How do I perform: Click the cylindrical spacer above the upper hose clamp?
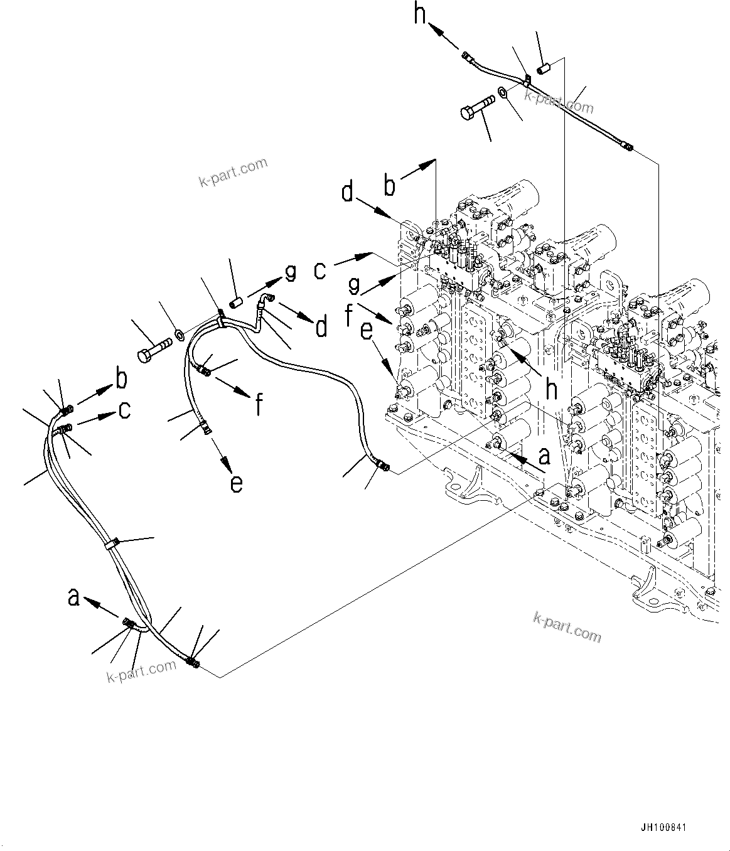(544, 67)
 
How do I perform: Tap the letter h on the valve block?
(551, 390)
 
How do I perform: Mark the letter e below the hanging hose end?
(235, 483)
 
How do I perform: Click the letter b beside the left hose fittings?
(121, 378)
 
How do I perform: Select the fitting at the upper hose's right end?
(628, 147)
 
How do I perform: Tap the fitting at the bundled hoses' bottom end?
(193, 661)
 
